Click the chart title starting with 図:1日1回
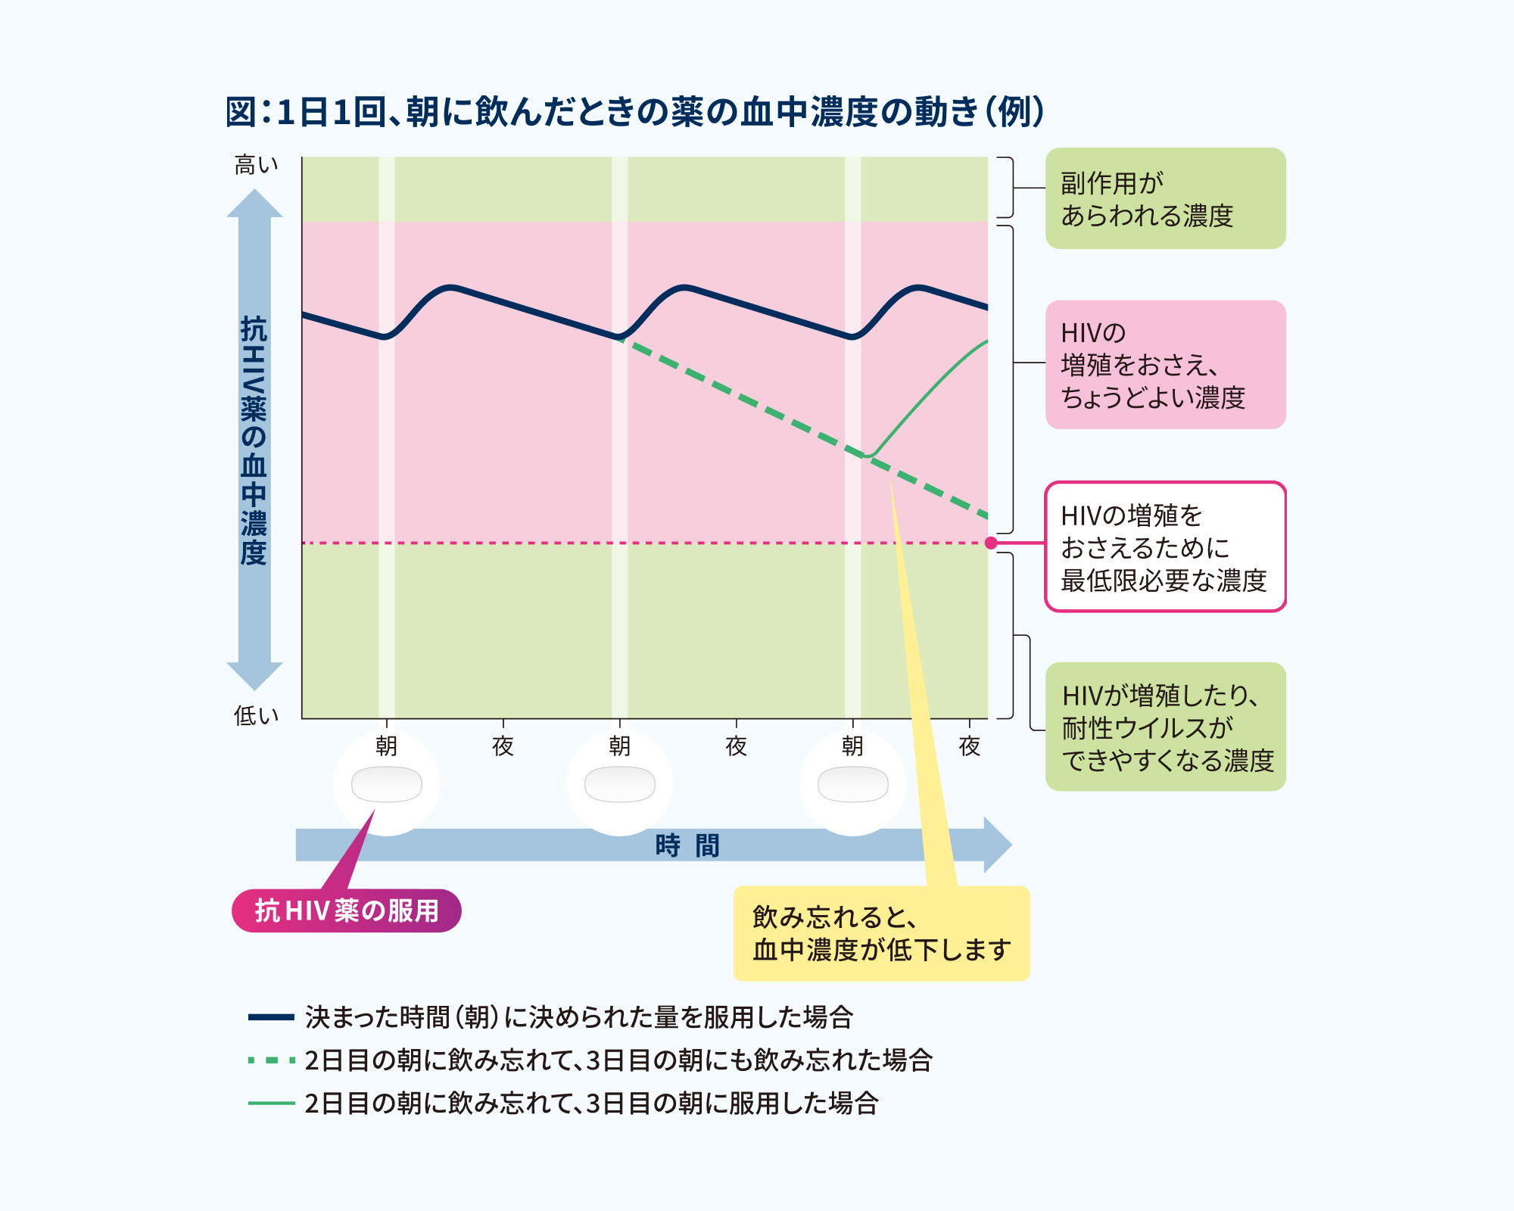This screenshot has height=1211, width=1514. [x=634, y=112]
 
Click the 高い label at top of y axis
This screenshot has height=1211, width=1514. [x=256, y=165]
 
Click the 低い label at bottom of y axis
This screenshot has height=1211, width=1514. [x=256, y=715]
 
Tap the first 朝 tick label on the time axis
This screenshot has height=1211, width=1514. [x=386, y=746]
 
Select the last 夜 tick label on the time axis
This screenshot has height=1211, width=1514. [x=970, y=746]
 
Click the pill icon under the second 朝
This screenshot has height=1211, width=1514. [x=619, y=784]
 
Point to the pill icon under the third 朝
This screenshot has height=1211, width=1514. [x=852, y=784]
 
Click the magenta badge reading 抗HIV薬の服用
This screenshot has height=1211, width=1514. [x=347, y=911]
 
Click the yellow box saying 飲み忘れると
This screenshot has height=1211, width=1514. [x=881, y=933]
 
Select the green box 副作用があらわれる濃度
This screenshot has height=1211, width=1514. [x=1165, y=198]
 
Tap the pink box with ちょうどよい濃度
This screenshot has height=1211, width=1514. [x=1165, y=365]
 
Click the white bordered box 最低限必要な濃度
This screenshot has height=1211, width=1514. [x=1165, y=547]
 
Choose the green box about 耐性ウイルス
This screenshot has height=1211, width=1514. [x=1165, y=727]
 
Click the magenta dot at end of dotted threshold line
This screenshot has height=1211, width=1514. [x=991, y=543]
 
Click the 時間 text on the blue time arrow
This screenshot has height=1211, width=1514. [x=687, y=845]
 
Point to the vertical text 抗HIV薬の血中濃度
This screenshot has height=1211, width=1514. [x=254, y=441]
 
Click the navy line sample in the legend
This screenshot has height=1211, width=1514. [x=271, y=1017]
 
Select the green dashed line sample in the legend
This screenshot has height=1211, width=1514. [x=271, y=1060]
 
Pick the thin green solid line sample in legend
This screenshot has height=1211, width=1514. [x=271, y=1104]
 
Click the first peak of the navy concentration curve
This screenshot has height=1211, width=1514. [x=451, y=287]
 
